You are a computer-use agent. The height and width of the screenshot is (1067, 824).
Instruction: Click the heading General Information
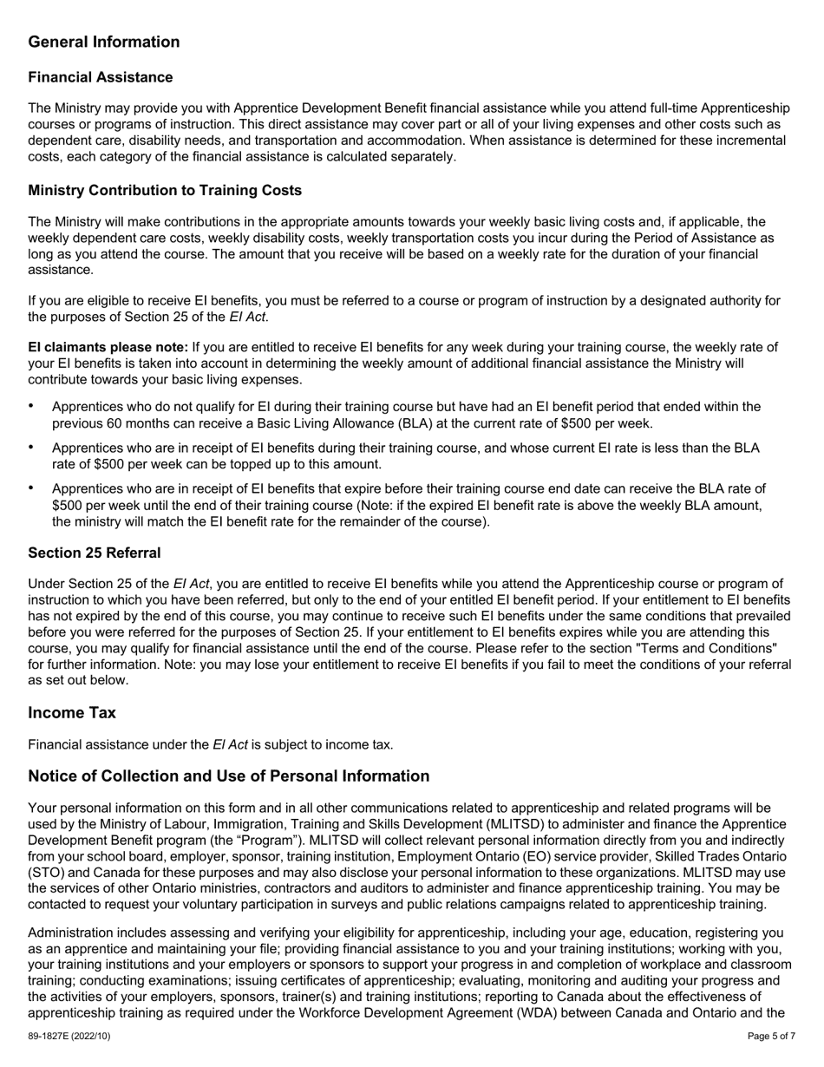click(x=104, y=43)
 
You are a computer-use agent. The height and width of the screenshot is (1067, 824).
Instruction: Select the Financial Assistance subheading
click(x=101, y=78)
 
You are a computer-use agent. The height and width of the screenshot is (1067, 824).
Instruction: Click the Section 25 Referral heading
click(x=94, y=553)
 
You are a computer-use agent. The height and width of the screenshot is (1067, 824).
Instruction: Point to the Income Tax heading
click(x=72, y=713)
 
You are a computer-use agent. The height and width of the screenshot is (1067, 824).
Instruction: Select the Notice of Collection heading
click(x=229, y=776)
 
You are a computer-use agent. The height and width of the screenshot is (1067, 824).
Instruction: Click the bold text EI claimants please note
click(x=108, y=348)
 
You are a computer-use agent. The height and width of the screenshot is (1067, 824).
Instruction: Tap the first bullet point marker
click(x=32, y=406)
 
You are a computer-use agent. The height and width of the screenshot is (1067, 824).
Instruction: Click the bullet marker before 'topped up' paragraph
click(x=32, y=448)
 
